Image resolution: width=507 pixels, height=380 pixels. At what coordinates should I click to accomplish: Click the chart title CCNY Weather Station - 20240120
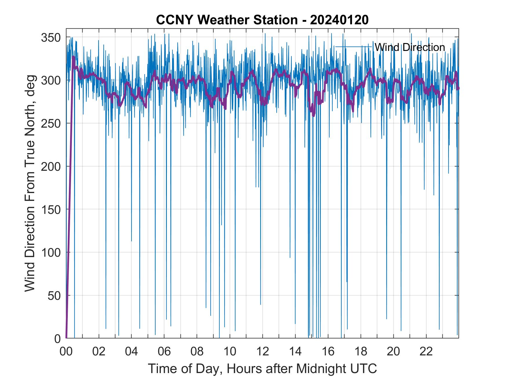[x=262, y=20]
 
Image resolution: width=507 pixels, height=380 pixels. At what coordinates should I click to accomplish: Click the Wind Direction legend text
[x=409, y=47]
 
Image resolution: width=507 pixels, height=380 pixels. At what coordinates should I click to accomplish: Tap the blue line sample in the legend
[x=353, y=47]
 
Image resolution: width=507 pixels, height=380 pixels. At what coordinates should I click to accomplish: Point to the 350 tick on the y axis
[x=50, y=37]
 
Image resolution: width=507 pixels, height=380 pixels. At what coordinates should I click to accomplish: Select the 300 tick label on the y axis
[x=50, y=80]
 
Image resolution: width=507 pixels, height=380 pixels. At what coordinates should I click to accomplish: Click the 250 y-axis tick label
[x=50, y=123]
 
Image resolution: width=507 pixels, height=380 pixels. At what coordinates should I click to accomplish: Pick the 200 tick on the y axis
[x=50, y=166]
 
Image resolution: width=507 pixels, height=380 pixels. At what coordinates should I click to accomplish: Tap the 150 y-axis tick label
[x=50, y=210]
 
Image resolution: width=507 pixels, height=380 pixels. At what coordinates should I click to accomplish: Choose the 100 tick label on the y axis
[x=50, y=252]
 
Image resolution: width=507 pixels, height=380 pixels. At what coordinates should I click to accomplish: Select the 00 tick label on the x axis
[x=66, y=351]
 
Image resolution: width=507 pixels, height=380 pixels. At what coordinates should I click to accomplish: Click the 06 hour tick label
[x=164, y=351]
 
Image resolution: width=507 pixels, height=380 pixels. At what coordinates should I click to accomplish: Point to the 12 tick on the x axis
[x=262, y=351]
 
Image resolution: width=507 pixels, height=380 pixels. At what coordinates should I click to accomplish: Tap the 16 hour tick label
[x=328, y=351]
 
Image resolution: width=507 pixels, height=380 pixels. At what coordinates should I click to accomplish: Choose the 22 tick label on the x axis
[x=426, y=351]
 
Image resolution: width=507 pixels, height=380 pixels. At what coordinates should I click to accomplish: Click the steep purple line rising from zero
[x=70, y=203]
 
